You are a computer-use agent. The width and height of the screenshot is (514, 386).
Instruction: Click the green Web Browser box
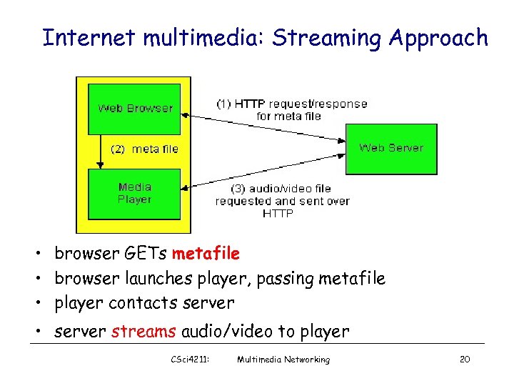coord(134,109)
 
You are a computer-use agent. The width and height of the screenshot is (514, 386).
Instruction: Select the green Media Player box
coord(134,194)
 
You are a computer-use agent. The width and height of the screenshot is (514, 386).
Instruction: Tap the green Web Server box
coord(391,148)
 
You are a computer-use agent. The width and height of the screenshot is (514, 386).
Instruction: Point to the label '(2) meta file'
coord(144,149)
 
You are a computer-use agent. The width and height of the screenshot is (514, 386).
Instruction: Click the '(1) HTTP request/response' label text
coord(291,104)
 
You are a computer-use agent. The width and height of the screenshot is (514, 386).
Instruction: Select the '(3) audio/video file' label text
coord(282,189)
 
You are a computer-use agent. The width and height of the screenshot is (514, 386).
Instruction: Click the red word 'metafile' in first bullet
coord(206,254)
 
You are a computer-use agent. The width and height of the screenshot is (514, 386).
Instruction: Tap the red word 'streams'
coord(144,332)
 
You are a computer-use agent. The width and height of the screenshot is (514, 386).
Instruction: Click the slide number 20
coord(464,360)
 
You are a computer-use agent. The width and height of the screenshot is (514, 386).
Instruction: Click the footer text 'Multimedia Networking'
coord(283,360)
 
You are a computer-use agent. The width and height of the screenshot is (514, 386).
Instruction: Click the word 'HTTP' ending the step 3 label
coord(278,213)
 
